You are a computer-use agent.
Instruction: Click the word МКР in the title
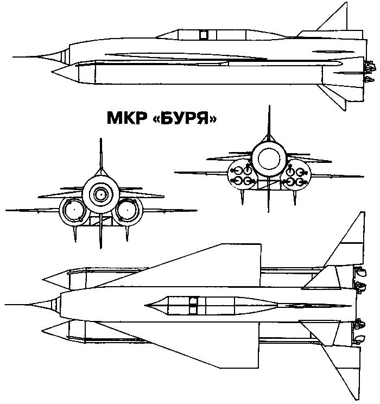[x=127, y=118]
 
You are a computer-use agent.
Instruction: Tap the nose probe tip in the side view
[x=14, y=56]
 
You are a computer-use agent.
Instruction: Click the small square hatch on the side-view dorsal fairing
[x=204, y=35]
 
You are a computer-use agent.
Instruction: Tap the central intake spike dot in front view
[x=101, y=194]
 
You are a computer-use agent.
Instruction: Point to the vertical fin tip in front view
[x=101, y=139]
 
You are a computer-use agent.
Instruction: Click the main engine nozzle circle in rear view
[x=269, y=158]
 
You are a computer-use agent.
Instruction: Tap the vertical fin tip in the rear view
[x=269, y=106]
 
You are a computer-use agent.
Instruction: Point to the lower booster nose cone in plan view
[x=56, y=330]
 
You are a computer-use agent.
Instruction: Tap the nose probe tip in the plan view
[x=5, y=305]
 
